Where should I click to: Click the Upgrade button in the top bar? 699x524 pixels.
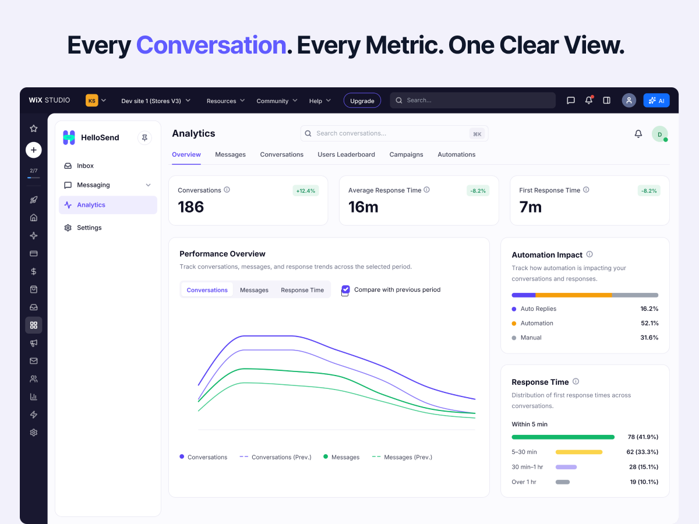(362, 101)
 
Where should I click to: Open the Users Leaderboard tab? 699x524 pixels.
(346, 155)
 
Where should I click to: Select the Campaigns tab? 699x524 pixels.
(406, 155)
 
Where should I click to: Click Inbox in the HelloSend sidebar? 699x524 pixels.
(85, 166)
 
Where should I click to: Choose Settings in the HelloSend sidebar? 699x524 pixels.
(89, 228)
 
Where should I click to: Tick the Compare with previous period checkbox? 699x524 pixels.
(345, 289)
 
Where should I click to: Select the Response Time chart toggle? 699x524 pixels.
(302, 290)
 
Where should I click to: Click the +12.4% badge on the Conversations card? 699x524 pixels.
(305, 191)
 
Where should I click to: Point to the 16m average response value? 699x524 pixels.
(363, 207)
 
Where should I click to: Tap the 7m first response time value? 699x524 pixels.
(530, 207)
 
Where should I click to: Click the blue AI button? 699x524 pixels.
(656, 101)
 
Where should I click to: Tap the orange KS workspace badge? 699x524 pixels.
(91, 101)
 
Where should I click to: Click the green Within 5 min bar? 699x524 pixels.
(563, 437)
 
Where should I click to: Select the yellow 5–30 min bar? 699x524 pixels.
(578, 452)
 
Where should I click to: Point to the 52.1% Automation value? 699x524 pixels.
(649, 323)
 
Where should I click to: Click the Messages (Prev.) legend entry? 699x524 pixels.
(402, 457)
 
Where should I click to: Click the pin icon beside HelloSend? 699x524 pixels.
(144, 138)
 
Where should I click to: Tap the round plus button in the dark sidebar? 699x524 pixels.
(33, 150)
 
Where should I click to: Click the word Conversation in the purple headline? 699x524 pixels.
(211, 45)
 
